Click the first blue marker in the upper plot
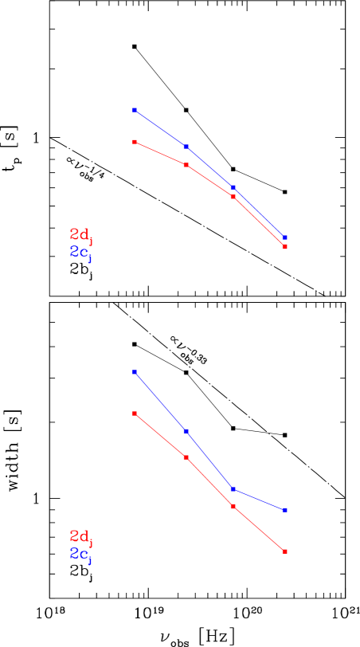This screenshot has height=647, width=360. click(135, 110)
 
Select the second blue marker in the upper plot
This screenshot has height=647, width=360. click(186, 147)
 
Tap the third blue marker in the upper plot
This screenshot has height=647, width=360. click(233, 187)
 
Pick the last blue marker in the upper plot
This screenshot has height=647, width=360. click(284, 237)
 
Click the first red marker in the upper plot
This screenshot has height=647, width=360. click(135, 142)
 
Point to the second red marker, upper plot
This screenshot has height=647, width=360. click(186, 164)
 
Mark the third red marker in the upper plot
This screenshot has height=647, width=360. click(233, 196)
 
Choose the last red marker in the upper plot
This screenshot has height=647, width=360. click(284, 247)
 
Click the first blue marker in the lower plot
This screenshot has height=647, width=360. click(135, 372)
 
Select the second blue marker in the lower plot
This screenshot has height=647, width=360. click(186, 431)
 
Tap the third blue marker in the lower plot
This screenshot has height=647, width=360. click(233, 488)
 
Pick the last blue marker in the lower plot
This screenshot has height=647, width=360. click(284, 510)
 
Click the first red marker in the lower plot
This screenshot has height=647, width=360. click(135, 414)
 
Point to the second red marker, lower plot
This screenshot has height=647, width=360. click(186, 457)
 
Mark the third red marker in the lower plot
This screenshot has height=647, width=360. click(233, 506)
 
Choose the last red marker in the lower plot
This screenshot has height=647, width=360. click(284, 551)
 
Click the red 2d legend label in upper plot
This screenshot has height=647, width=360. click(81, 235)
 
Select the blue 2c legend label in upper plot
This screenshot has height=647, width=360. click(80, 253)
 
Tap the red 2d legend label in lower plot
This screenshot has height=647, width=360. click(81, 536)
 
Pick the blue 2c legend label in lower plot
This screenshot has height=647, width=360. click(80, 555)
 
